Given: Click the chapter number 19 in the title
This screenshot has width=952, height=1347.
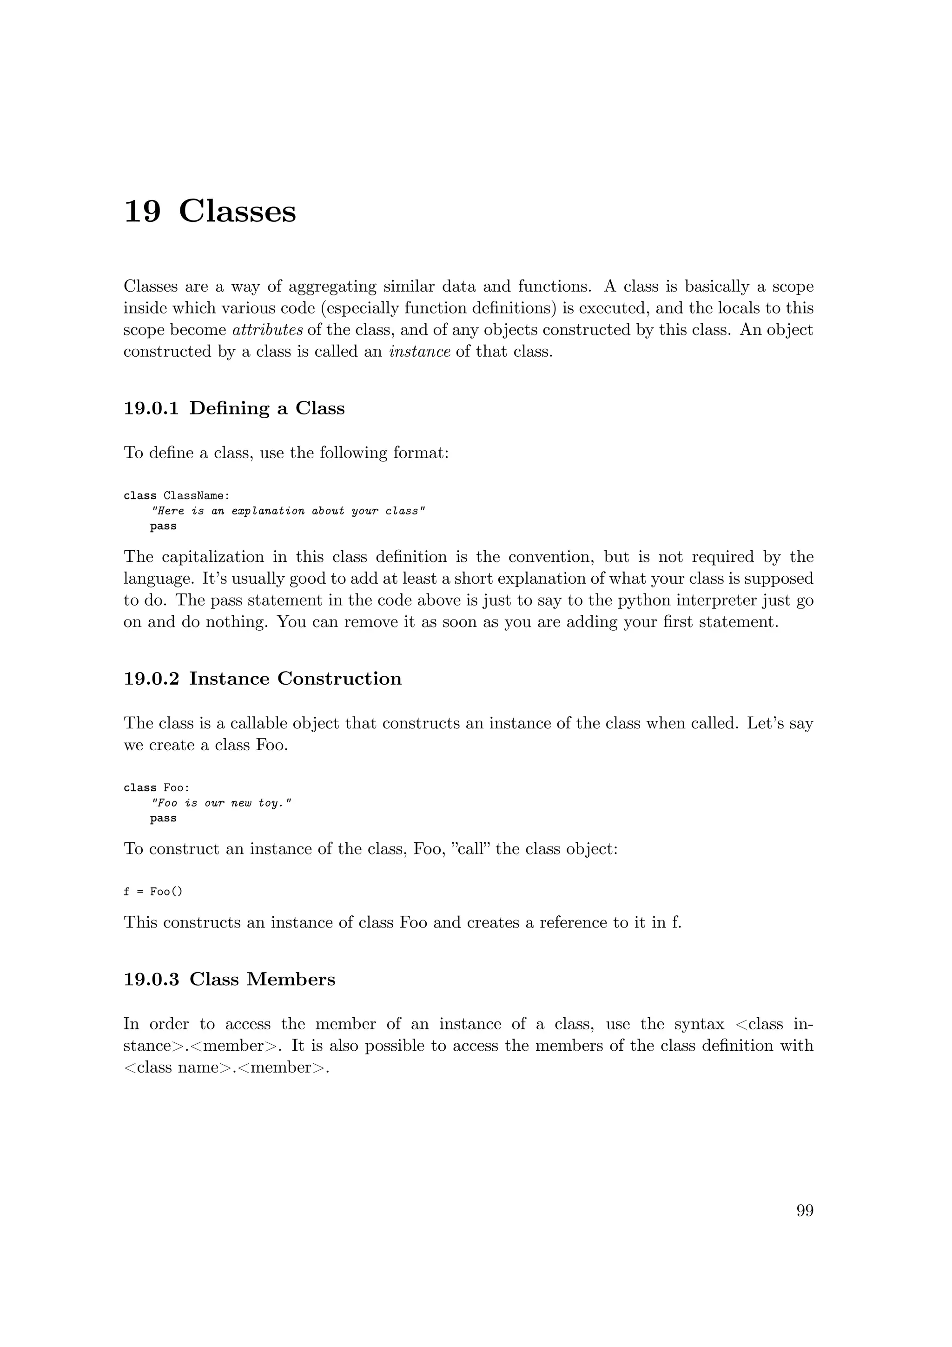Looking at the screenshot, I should [142, 211].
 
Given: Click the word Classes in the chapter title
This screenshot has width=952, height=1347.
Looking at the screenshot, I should [238, 211].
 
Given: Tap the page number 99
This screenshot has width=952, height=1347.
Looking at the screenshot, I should [804, 1210].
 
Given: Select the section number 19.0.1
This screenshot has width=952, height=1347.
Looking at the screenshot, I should [151, 408].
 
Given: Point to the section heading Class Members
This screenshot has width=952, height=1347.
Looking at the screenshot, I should [262, 980].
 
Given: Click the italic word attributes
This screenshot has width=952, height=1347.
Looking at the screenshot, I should [268, 330].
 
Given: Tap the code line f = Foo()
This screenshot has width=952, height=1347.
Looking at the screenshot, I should [153, 892].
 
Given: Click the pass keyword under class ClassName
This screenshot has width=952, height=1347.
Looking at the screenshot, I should [163, 526].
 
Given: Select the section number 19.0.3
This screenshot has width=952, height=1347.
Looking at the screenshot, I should [151, 980].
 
